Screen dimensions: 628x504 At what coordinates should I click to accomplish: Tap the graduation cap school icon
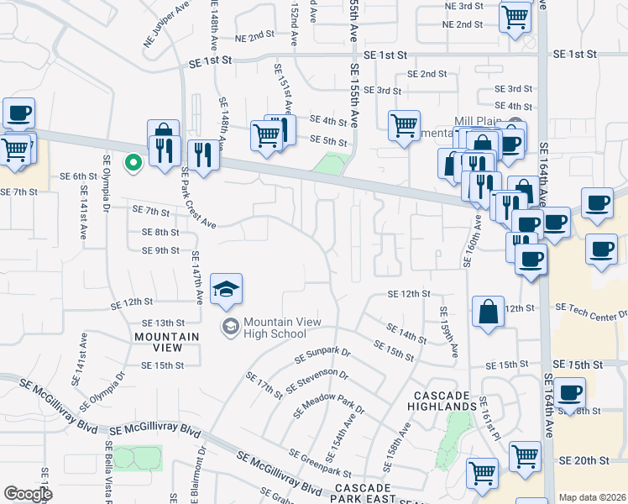pyautogui.click(x=226, y=290)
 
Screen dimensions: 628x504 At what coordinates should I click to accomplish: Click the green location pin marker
pyautogui.click(x=132, y=163)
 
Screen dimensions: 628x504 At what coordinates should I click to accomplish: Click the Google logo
pyautogui.click(x=28, y=494)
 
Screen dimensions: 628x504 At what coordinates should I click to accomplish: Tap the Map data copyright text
pyautogui.click(x=591, y=497)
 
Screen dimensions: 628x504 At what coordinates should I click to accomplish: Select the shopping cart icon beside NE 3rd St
pyautogui.click(x=514, y=17)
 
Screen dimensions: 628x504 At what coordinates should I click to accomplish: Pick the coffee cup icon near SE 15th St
pyautogui.click(x=570, y=393)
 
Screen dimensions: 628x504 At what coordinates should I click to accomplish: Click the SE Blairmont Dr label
pyautogui.click(x=201, y=476)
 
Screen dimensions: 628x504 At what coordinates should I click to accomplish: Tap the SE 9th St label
pyautogui.click(x=160, y=250)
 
